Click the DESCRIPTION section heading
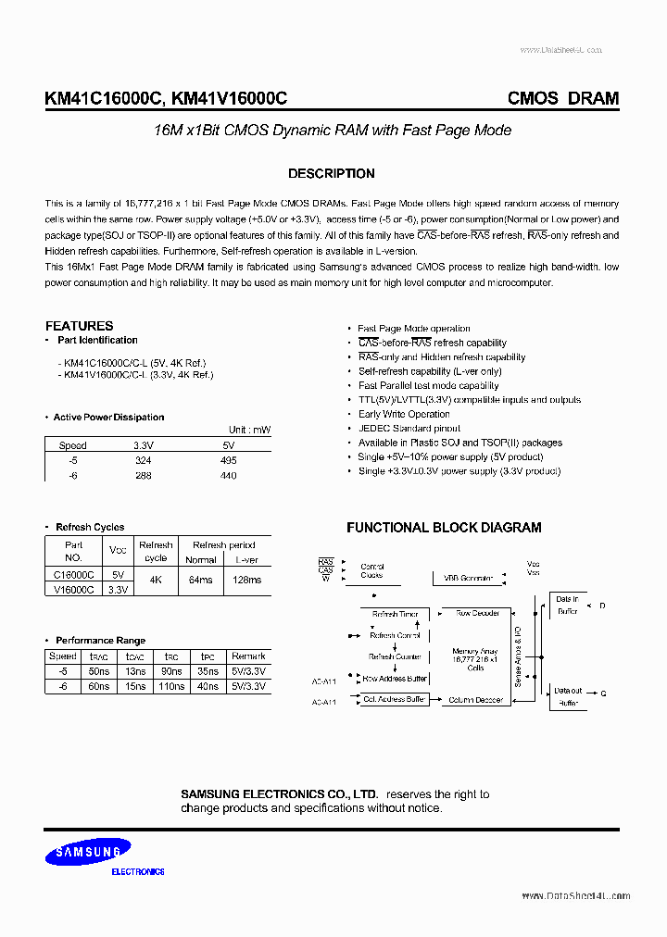click(331, 174)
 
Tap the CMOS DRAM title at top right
click(562, 98)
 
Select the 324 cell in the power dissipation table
click(143, 460)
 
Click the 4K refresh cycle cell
click(155, 580)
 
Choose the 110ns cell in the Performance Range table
click(171, 686)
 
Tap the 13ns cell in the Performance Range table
click(135, 671)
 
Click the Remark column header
click(248, 656)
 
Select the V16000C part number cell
click(74, 589)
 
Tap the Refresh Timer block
click(395, 614)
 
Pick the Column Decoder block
click(475, 700)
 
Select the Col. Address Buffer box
click(394, 700)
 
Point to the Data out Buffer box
click(568, 697)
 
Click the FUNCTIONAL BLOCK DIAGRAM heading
click(444, 528)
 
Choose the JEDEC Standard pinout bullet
click(409, 429)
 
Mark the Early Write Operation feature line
click(404, 414)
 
